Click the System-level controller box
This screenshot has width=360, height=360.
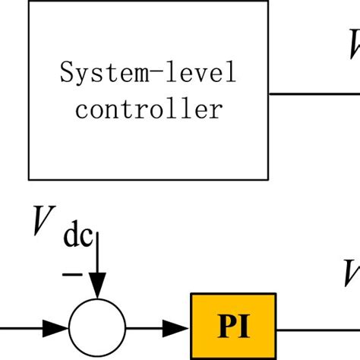tap(148, 90)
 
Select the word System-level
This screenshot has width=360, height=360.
tap(148, 74)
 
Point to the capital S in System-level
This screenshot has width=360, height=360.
tap(66, 74)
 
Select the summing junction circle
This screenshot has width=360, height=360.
tap(96, 328)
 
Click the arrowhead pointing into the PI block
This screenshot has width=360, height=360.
tap(179, 328)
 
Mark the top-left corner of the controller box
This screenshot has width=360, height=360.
tap(29, 2)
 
